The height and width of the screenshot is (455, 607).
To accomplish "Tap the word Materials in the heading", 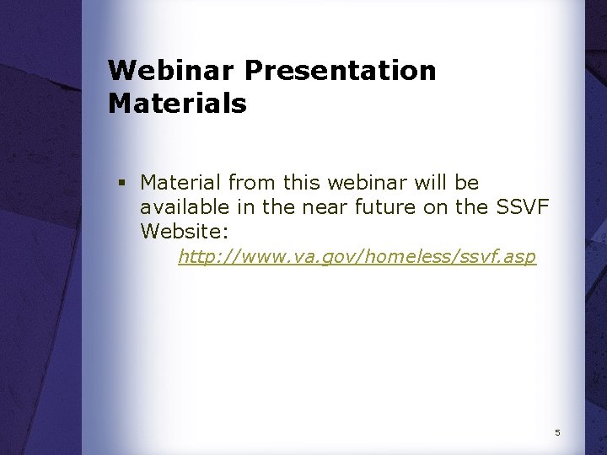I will point(177,104).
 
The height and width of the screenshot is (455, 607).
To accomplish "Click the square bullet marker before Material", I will point(122,183).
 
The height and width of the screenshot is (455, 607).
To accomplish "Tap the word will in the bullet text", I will point(430,183).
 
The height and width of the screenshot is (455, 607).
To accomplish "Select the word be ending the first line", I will point(467,183).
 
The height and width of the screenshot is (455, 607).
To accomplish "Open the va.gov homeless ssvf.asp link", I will point(357,257).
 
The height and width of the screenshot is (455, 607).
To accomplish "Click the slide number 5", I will point(557,433).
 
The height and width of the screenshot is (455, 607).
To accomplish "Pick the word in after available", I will point(234,206).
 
